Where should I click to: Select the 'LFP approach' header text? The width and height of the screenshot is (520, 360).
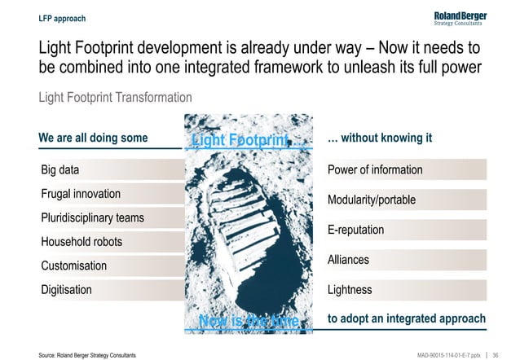tap(62, 18)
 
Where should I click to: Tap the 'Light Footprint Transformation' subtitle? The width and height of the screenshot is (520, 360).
tap(115, 99)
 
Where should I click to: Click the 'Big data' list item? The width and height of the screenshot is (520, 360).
tap(60, 170)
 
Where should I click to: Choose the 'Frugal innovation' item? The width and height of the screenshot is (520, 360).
tap(81, 194)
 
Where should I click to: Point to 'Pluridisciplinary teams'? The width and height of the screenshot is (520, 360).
tap(92, 217)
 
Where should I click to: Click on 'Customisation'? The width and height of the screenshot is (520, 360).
tap(74, 266)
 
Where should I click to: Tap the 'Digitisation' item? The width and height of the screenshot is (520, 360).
tap(66, 289)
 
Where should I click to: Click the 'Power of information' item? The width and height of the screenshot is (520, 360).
tap(375, 170)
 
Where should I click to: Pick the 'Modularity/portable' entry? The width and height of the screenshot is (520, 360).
tap(371, 200)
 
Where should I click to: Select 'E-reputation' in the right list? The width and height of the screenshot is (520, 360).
tap(355, 230)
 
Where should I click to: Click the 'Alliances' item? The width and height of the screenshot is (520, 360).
tap(348, 260)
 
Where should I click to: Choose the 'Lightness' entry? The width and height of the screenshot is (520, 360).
tap(349, 289)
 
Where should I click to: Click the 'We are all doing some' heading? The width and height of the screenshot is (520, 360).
tap(93, 138)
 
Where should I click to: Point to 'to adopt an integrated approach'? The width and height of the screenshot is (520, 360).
tap(406, 318)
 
